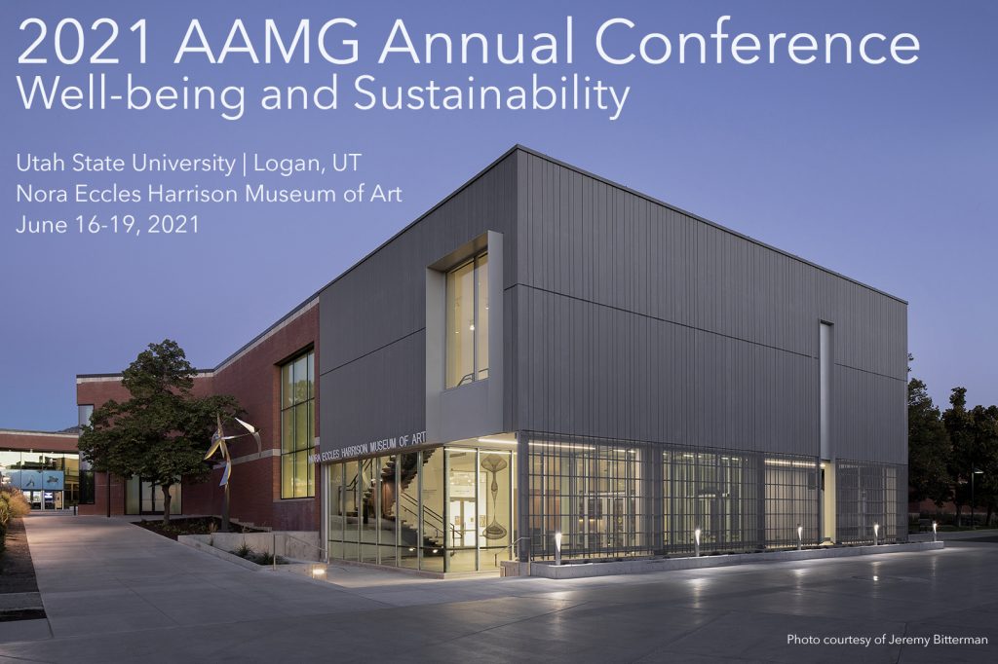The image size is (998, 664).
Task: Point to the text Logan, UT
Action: click(x=307, y=165)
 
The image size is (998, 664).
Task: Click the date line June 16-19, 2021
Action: click(x=107, y=225)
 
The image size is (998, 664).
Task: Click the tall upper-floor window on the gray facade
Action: click(x=467, y=320)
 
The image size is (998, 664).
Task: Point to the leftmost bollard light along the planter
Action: click(x=558, y=547)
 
